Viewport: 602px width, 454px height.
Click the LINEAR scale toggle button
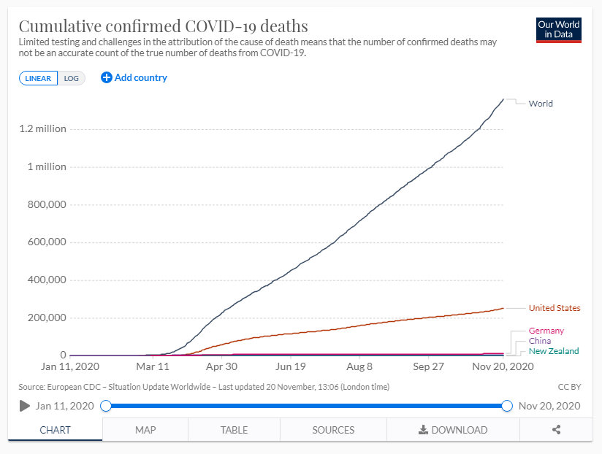click(38, 78)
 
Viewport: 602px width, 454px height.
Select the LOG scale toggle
click(71, 78)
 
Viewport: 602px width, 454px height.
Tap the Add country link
click(134, 77)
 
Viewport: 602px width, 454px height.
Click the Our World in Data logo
click(558, 29)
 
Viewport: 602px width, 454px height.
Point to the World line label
click(541, 104)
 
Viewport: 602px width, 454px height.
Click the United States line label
click(555, 309)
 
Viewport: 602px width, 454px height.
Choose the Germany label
click(546, 331)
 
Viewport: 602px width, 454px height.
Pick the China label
click(540, 341)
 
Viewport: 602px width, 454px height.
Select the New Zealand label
click(554, 351)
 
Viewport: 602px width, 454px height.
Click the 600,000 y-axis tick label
click(47, 242)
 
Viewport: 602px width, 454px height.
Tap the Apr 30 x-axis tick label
click(221, 366)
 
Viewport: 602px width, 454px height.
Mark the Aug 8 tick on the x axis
click(359, 366)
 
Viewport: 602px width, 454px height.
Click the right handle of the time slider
click(507, 406)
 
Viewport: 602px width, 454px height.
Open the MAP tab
click(145, 430)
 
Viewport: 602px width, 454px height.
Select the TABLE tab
click(234, 430)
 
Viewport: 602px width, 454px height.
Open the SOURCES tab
click(333, 430)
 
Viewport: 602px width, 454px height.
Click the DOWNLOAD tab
click(453, 430)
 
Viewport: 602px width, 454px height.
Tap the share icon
click(556, 430)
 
